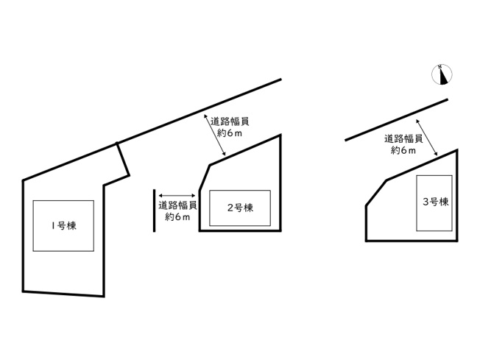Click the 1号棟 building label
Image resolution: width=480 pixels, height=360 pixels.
[64, 226]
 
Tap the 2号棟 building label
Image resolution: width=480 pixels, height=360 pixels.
[240, 208]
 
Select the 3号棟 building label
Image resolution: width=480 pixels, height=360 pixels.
[436, 202]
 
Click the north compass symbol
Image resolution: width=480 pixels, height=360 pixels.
[442, 74]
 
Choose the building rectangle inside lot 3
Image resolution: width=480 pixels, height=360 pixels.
[417, 203]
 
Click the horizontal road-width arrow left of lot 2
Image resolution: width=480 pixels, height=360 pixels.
[177, 196]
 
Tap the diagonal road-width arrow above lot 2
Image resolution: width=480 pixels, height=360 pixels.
[215, 135]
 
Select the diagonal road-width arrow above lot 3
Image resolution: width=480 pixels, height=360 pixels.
[426, 138]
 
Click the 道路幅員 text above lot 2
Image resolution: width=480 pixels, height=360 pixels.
[230, 121]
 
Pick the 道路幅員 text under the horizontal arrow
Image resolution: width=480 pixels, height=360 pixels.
[177, 205]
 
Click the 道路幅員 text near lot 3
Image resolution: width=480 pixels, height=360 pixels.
[403, 139]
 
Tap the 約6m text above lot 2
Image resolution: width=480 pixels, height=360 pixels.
[230, 133]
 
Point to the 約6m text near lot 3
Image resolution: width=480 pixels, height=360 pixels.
[403, 151]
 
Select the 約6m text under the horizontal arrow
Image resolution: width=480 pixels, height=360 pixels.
[177, 216]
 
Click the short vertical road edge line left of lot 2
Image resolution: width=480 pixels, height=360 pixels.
[155, 211]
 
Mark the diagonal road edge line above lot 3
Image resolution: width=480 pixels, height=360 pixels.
[396, 120]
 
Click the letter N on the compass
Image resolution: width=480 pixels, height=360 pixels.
[440, 66]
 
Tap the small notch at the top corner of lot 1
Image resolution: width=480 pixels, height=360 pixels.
[116, 143]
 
